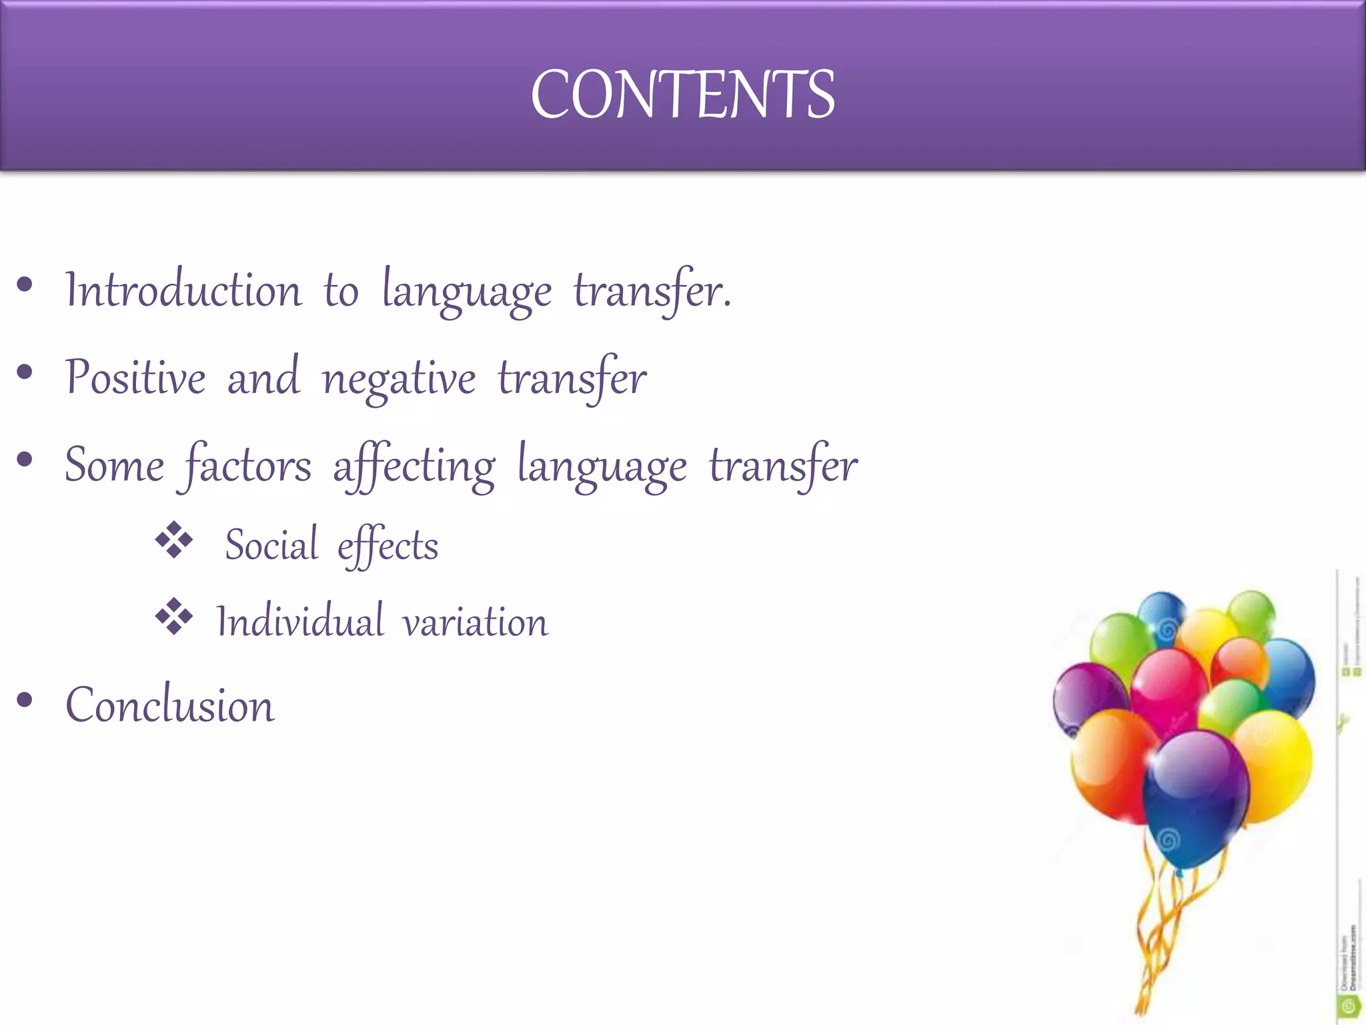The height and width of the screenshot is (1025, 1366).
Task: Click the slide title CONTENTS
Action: pyautogui.click(x=682, y=95)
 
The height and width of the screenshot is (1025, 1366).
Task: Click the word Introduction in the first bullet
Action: pyautogui.click(x=183, y=291)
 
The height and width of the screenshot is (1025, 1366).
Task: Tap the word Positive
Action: pyautogui.click(x=135, y=378)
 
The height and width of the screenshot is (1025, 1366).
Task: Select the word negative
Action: pyautogui.click(x=399, y=380)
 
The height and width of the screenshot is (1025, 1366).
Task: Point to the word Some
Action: pyautogui.click(x=114, y=465)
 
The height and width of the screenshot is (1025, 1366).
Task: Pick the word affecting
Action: pyautogui.click(x=414, y=466)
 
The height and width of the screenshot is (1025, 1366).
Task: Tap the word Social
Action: pyautogui.click(x=271, y=545)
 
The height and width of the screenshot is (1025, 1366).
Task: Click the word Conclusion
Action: pyautogui.click(x=170, y=705)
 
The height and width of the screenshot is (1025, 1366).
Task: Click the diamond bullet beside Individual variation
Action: pyautogui.click(x=173, y=616)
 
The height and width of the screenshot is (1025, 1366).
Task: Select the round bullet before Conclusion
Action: pyautogui.click(x=25, y=700)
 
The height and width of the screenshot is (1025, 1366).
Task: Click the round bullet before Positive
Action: pyautogui.click(x=25, y=372)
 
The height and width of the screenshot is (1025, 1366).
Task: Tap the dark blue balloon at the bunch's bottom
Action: pyautogui.click(x=1194, y=801)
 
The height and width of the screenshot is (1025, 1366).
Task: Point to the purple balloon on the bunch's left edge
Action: pyautogui.click(x=1089, y=697)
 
